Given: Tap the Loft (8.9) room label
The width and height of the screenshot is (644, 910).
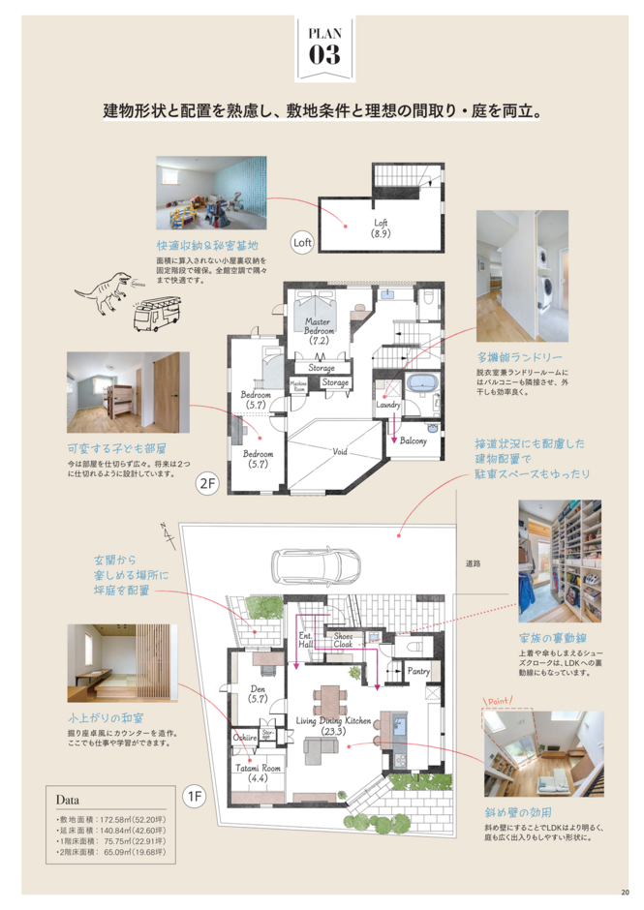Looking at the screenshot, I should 381,227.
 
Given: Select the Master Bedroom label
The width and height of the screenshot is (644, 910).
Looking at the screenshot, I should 320,330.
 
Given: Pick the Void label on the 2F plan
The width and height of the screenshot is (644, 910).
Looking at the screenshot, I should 340,451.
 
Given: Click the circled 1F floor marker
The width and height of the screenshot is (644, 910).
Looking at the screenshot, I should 196,796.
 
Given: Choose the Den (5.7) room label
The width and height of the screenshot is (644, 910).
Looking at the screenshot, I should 259,692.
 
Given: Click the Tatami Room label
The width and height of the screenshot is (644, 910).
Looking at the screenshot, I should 258,772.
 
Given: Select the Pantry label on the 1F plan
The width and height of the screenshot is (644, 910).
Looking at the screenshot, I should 418,670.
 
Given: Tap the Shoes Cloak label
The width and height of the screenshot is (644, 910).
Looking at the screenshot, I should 343,639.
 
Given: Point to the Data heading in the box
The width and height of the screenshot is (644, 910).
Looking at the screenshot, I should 68,802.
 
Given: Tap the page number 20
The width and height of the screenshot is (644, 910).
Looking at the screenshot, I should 625,893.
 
